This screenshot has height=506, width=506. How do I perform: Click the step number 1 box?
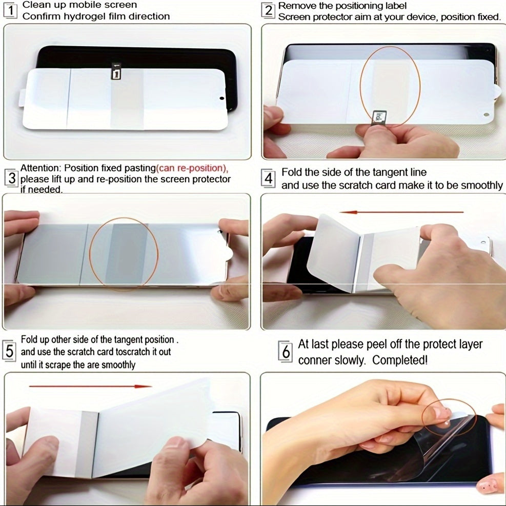tap(10, 11)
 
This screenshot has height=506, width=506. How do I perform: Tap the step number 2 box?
tap(268, 11)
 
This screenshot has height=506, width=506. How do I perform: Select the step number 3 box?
tap(11, 178)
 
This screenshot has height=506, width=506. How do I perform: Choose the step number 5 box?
tap(10, 351)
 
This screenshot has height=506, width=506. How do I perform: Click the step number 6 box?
tap(286, 352)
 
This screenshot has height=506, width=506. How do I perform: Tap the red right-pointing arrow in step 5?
tap(90, 386)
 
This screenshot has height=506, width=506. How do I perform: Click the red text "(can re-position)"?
tap(192, 168)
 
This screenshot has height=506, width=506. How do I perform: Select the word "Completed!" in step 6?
tap(400, 360)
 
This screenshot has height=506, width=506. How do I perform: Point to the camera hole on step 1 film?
tap(222, 97)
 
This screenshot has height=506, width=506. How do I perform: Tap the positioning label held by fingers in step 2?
tap(380, 117)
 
